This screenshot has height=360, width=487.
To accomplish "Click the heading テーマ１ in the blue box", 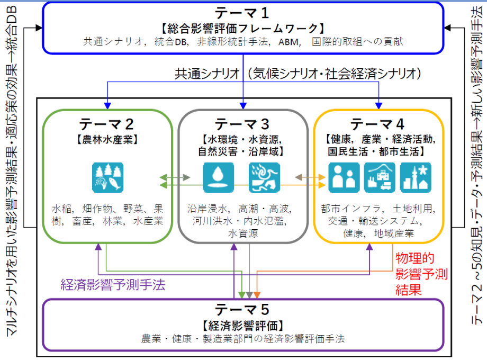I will pos(243,13).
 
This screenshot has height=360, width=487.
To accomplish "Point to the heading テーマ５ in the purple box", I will pos(243,310).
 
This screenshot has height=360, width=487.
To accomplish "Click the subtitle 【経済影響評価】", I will pos(243,325).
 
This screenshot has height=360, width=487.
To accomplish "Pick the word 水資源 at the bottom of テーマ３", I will pos(243,233).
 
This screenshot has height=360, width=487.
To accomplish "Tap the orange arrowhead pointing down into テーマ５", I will pos(257,294).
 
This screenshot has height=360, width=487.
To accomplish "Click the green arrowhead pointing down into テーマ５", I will pos(242,294).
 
